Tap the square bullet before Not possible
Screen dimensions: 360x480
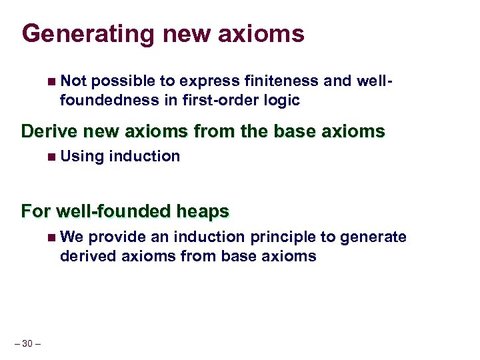tap(52, 81)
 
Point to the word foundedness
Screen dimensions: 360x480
tap(104, 100)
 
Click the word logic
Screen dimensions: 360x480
tap(282, 100)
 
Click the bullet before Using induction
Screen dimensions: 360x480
tap(52, 157)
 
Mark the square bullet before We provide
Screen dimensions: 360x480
tap(52, 237)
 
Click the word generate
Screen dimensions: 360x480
tap(379, 237)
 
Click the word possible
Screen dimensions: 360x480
tap(123, 81)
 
